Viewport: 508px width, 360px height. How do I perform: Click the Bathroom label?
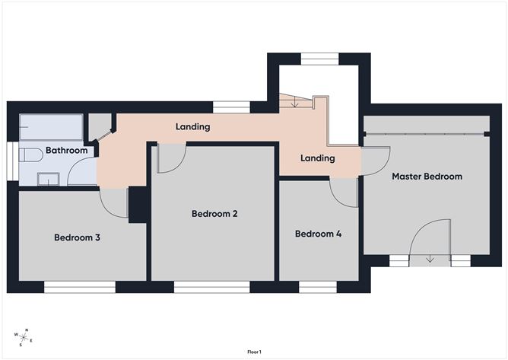point(66,151)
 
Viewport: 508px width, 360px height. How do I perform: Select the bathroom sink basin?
point(49,179)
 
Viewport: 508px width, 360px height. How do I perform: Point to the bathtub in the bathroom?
point(50,126)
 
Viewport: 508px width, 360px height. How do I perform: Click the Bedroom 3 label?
point(77,237)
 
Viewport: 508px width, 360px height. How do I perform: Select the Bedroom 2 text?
point(214,214)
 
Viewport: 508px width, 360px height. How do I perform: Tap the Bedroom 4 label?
point(318,234)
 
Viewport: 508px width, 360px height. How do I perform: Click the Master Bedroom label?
point(427,177)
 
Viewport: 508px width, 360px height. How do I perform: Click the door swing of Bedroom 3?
point(114,202)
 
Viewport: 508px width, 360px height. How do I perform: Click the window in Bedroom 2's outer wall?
point(211,287)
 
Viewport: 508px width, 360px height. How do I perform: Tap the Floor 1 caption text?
point(254,352)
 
